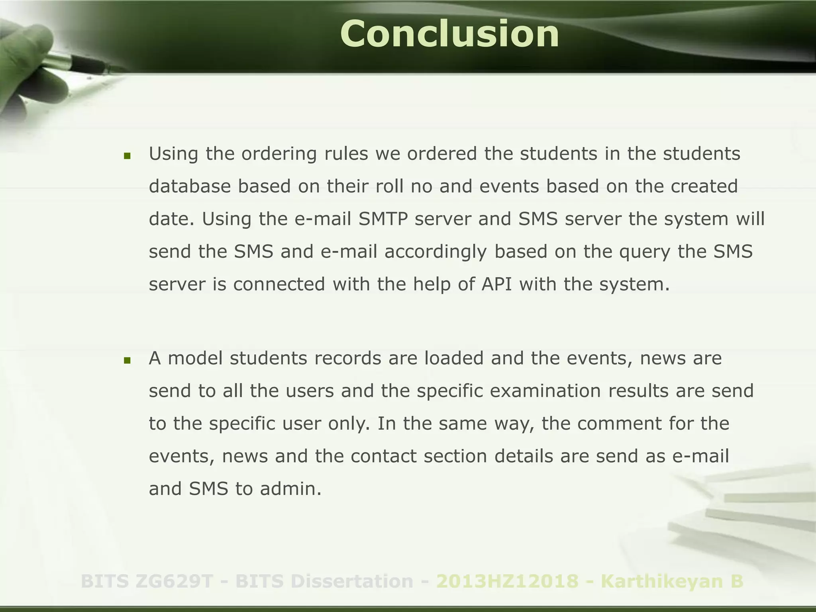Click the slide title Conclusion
(449, 34)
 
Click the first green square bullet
(127, 156)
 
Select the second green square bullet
(127, 361)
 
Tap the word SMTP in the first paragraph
(383, 219)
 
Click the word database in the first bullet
(190, 186)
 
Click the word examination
(545, 391)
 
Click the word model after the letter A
(195, 358)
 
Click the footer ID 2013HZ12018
(507, 581)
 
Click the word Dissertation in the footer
(352, 581)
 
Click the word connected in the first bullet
(279, 284)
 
